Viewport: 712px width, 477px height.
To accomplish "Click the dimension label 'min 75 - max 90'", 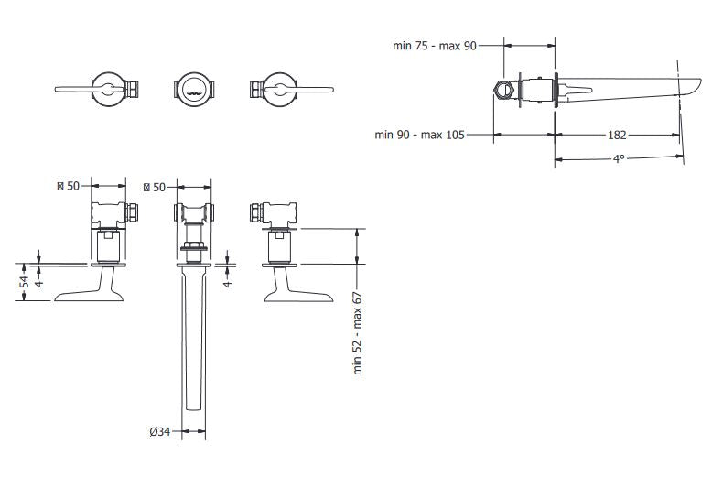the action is tap(435, 46).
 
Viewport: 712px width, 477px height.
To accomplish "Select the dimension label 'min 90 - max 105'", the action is tap(419, 135).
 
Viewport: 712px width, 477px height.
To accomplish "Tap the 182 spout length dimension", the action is tap(617, 135).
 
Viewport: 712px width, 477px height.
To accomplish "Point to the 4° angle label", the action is tap(619, 159).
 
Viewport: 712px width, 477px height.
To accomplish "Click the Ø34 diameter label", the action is tap(160, 431).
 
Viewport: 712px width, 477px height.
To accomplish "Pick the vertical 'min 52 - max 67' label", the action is tap(358, 333).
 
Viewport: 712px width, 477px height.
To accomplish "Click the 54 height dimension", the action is tap(24, 282).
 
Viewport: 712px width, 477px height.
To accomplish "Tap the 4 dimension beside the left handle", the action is tap(39, 283).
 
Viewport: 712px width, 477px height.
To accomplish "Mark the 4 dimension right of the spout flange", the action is tap(228, 283).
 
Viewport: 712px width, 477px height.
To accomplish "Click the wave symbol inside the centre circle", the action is tap(194, 94).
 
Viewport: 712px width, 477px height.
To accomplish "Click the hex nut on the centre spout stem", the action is tap(194, 247).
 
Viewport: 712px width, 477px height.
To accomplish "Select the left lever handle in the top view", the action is tap(88, 90).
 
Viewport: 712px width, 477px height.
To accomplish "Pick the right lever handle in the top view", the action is tap(299, 90).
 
